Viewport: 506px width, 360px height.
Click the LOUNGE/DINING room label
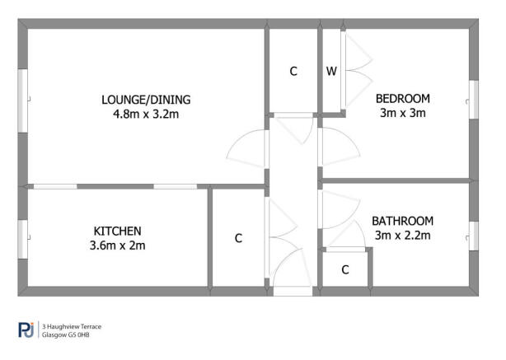point(146,100)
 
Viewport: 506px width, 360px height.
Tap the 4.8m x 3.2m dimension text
point(146,115)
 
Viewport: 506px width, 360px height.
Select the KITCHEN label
point(118,231)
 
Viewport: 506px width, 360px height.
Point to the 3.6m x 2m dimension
point(118,245)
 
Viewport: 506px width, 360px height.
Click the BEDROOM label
point(403,99)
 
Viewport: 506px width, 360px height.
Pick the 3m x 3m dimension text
point(403,113)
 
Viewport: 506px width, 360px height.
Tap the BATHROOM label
point(403,222)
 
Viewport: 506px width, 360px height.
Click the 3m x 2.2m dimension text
point(403,236)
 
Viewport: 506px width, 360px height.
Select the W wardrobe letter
point(331,71)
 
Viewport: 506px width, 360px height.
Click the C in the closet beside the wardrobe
point(293,72)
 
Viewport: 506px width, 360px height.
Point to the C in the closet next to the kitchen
point(238,238)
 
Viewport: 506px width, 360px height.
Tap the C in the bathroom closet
point(345,269)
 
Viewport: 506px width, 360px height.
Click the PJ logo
point(26,330)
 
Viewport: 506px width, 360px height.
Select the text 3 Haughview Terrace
point(72,327)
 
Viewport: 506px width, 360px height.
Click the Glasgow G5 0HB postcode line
point(65,335)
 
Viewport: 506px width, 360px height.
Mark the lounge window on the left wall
point(22,101)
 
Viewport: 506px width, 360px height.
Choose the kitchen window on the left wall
point(22,239)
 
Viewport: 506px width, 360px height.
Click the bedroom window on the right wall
point(474,100)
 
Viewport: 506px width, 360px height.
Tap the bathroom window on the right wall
point(474,236)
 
